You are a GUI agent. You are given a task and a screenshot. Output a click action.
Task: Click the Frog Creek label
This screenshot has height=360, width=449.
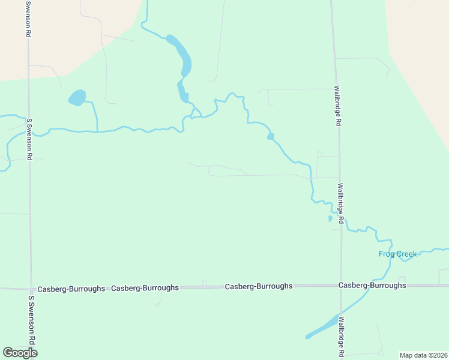[x=397, y=254]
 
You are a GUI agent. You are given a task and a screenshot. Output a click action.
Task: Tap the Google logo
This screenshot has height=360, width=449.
[x=20, y=352]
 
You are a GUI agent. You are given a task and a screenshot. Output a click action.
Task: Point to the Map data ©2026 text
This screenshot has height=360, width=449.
[x=423, y=355]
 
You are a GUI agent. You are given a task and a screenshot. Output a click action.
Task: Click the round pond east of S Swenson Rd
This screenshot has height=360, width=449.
[x=77, y=97]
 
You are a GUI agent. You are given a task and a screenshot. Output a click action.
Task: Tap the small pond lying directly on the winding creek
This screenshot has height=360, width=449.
[x=271, y=137]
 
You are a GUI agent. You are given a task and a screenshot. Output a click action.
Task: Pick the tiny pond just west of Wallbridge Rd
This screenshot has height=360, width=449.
[x=330, y=218]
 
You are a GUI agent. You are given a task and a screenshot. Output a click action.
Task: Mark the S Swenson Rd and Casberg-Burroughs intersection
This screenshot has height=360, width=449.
[x=31, y=288]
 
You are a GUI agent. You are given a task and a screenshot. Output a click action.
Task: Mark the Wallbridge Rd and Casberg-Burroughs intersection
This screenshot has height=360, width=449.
[x=341, y=286]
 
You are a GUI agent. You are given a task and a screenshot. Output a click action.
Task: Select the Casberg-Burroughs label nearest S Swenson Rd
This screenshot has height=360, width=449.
[x=71, y=289]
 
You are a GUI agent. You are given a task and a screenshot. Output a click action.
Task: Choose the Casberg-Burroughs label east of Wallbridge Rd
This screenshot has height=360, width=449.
[x=372, y=285]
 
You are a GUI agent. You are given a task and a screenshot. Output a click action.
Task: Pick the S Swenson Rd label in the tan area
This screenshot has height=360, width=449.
[x=28, y=19]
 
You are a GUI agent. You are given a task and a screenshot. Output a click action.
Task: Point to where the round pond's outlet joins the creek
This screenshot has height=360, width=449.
[x=97, y=130]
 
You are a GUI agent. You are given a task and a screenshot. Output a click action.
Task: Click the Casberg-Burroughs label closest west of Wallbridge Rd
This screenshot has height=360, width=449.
[x=259, y=286]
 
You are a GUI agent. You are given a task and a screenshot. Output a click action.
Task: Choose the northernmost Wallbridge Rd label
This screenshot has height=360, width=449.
[x=337, y=106]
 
